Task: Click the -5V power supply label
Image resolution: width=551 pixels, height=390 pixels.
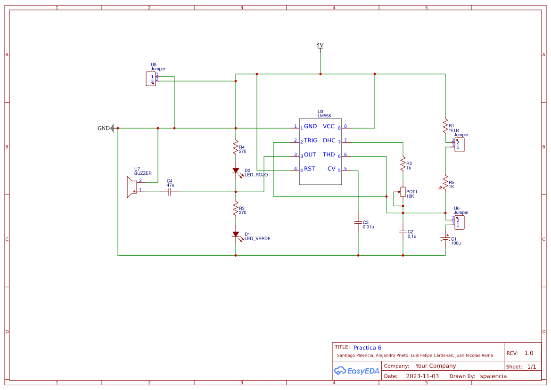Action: [x=319, y=46]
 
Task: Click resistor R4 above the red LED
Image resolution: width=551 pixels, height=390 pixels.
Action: [x=236, y=148]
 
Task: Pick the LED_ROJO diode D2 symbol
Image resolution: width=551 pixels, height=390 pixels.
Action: [x=236, y=171]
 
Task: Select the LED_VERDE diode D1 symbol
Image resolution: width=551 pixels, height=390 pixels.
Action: [x=236, y=234]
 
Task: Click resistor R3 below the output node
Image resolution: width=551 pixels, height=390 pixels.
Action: [x=236, y=209]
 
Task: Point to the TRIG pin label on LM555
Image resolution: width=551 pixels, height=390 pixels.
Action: [x=311, y=140]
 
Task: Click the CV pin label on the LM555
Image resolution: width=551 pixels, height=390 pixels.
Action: [x=331, y=169]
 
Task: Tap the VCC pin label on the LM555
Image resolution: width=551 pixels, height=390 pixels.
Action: [x=329, y=126]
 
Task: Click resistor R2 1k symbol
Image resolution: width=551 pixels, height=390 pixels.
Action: [x=403, y=164]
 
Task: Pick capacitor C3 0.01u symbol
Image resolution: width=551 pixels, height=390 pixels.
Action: [x=358, y=222]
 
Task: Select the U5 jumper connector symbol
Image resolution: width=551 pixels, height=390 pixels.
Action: [x=151, y=79]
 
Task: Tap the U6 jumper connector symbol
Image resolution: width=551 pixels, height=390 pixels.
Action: [x=459, y=222]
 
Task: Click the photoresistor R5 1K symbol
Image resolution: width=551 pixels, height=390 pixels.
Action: [x=445, y=181]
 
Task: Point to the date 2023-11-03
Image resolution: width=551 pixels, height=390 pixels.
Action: [x=422, y=376]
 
